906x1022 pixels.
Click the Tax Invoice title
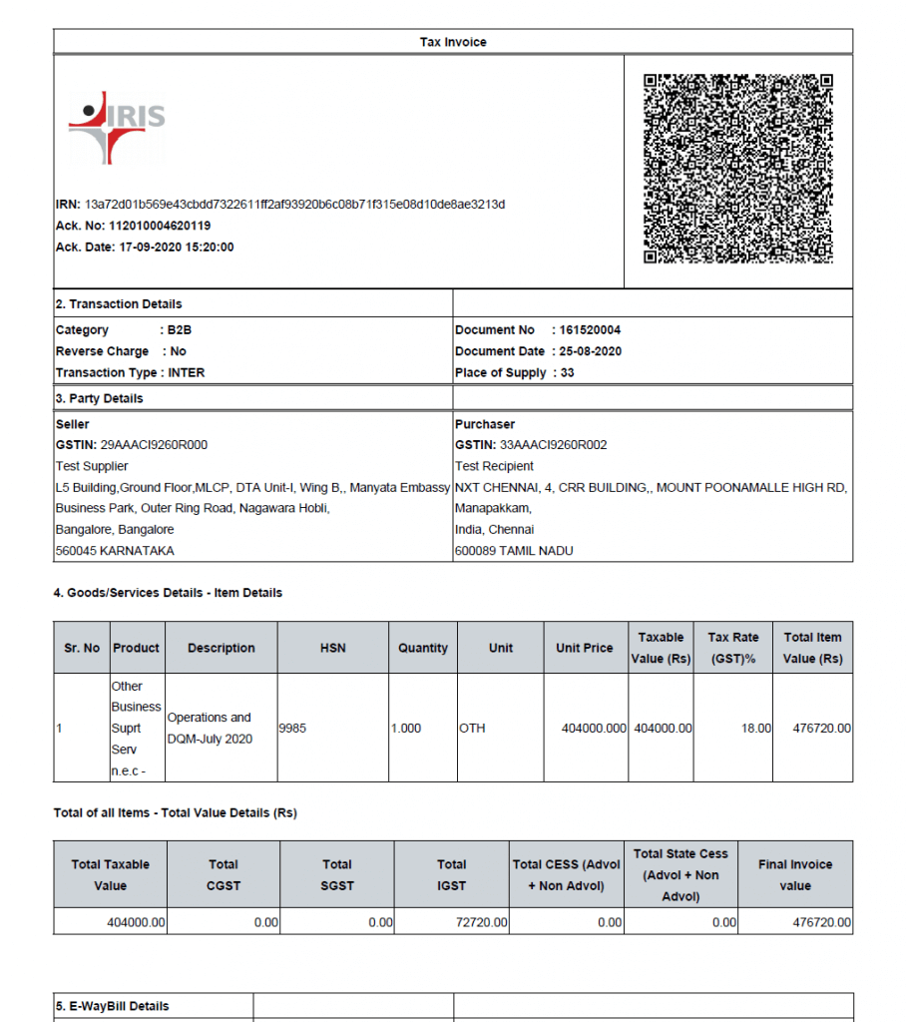tap(453, 42)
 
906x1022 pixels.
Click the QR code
tap(738, 169)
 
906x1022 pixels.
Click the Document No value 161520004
tap(590, 329)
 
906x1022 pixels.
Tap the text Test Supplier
tap(92, 466)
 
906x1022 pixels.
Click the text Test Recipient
tap(494, 466)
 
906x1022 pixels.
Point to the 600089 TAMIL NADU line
tap(514, 550)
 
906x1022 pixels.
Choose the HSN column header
tap(333, 648)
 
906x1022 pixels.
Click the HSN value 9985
tap(293, 729)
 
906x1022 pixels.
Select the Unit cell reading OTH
tap(472, 729)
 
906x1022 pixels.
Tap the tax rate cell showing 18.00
tap(756, 729)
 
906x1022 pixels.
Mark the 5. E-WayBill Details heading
tap(113, 1006)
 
